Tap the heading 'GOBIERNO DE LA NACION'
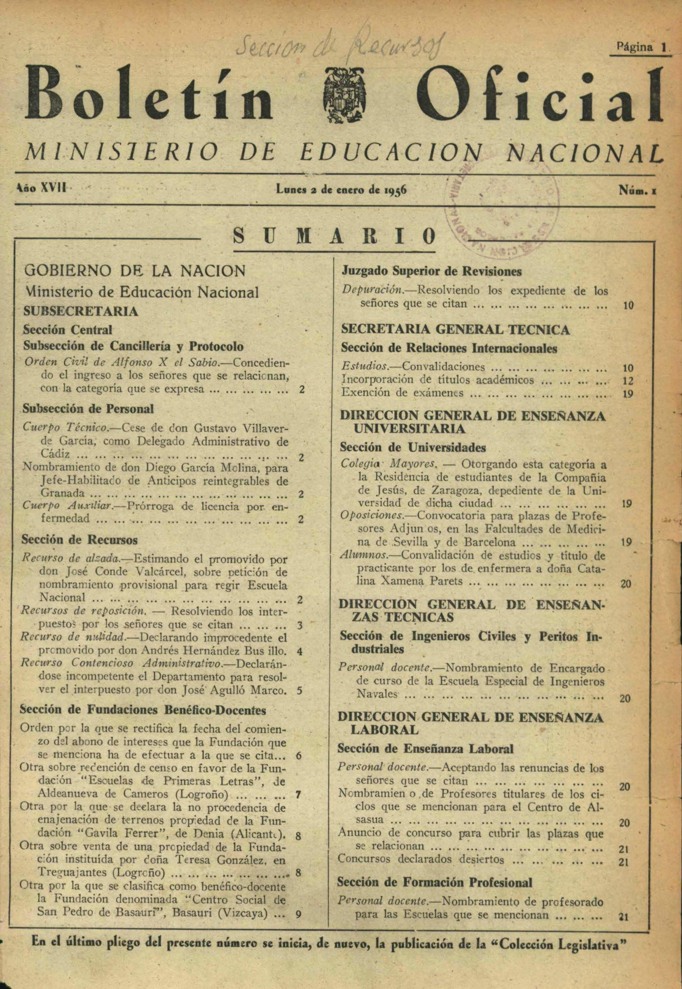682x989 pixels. [135, 271]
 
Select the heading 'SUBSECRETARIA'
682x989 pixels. [81, 311]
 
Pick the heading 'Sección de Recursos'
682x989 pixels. [80, 540]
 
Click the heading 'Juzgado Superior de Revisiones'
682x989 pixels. [431, 271]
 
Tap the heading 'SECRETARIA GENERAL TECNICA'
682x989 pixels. [455, 329]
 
